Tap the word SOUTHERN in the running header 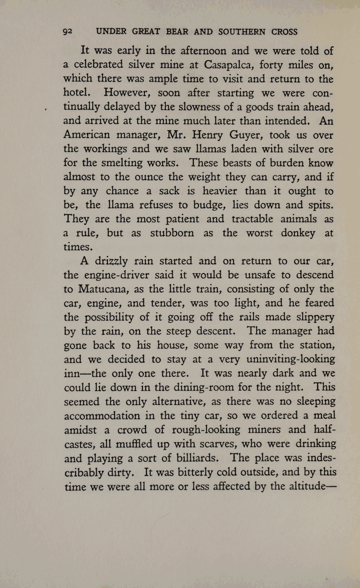(242, 32)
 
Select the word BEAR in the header (177, 32)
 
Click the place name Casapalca (225, 65)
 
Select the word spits (319, 205)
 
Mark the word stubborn (172, 233)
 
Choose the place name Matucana (103, 289)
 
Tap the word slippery (315, 317)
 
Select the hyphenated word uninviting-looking (291, 359)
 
